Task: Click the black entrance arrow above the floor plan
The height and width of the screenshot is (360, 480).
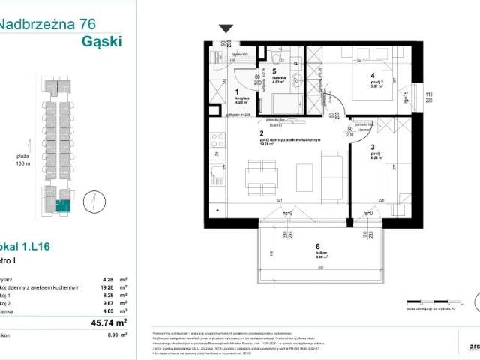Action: coord(226,29)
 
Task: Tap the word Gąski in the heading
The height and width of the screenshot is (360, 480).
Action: coord(100,40)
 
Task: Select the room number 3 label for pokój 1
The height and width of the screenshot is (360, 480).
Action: coord(372,148)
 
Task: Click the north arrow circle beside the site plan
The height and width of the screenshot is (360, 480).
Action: coord(88,200)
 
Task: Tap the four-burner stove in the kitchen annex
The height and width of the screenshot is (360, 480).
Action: coord(218,140)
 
